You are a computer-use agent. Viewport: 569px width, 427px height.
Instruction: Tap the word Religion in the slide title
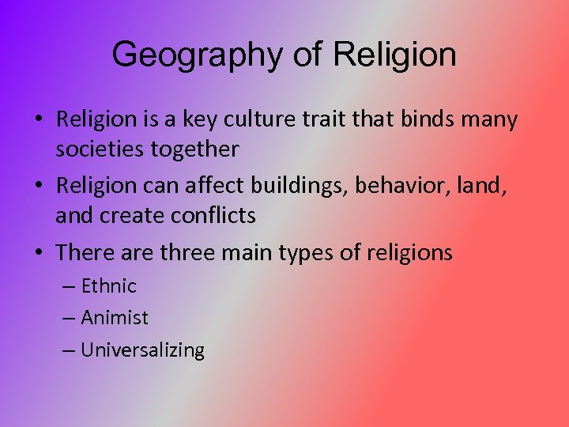pos(394,55)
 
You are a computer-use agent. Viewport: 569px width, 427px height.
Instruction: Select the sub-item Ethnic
pos(109,285)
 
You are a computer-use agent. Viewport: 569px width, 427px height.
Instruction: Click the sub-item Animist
pos(115,318)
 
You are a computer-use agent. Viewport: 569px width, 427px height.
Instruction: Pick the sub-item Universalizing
pos(143,350)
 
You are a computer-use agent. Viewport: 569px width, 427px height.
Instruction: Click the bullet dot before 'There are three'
pos(39,253)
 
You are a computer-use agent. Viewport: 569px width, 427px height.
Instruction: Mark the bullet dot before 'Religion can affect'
pos(39,187)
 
